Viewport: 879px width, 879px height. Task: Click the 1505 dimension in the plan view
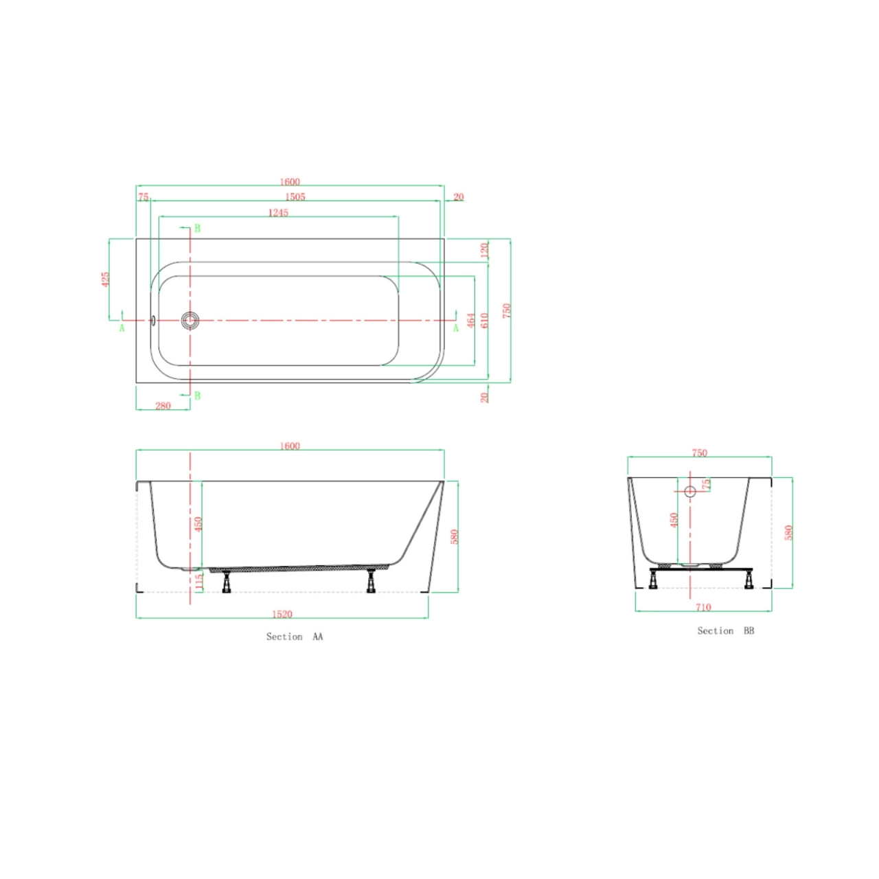295,196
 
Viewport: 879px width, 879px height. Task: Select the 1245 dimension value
278,213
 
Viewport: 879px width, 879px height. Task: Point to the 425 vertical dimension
105,279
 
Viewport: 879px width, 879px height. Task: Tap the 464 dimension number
471,320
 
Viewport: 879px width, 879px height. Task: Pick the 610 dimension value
484,320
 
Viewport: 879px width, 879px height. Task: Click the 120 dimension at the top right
484,250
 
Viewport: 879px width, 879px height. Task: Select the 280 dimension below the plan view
163,406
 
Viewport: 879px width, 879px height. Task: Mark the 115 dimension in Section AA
198,582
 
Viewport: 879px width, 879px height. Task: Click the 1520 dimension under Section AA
282,614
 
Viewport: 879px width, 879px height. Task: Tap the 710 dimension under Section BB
703,607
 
